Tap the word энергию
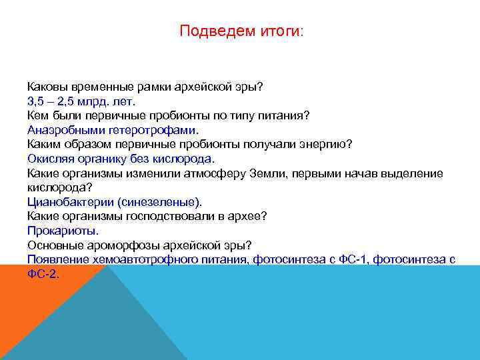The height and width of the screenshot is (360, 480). pos(327,144)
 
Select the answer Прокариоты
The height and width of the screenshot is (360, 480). pos(63,231)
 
